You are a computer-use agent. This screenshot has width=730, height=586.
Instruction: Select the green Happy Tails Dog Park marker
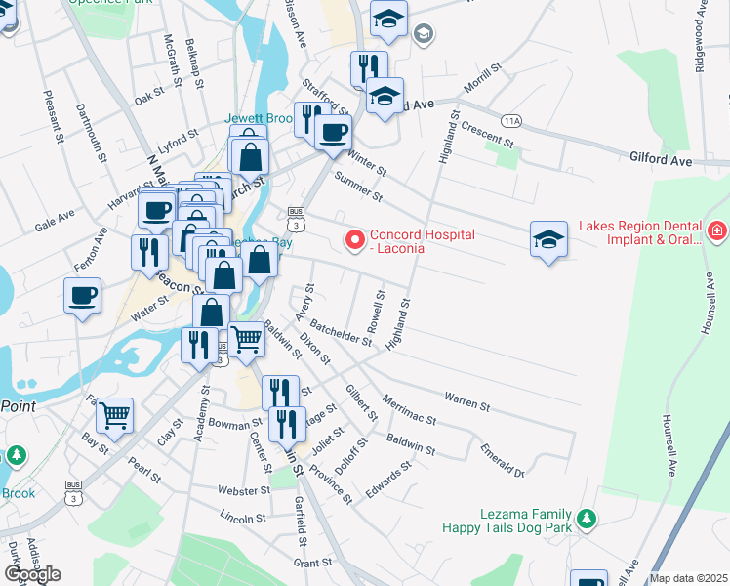pos(586,519)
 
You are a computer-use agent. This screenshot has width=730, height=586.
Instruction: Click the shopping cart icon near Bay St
pos(115,415)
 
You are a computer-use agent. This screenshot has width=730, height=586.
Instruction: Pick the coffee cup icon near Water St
pos(83,294)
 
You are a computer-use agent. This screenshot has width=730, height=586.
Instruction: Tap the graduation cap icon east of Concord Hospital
pos(548,239)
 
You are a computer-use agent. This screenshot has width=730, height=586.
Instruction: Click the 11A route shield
pos(511,120)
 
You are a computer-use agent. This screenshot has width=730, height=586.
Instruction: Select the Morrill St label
pos(482,79)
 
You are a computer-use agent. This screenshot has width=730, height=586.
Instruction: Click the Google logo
pos(32,573)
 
